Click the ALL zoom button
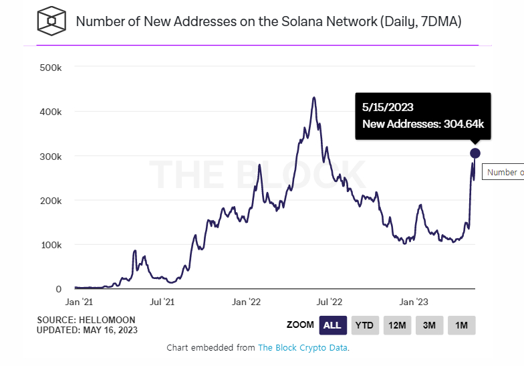pos(332,325)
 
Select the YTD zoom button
pos(364,325)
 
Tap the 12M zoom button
pos(397,325)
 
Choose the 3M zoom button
pos(429,325)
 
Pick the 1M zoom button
pos(461,325)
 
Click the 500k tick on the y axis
pos(51,67)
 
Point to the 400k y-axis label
pos(51,111)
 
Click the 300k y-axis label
pos(51,156)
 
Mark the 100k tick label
pos(51,245)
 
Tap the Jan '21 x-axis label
pos(84,302)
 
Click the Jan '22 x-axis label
pos(246,302)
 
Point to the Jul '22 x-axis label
pos(329,302)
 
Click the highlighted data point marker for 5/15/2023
pos(475,153)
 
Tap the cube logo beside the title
pos(51,21)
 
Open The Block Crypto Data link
pos(303,348)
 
